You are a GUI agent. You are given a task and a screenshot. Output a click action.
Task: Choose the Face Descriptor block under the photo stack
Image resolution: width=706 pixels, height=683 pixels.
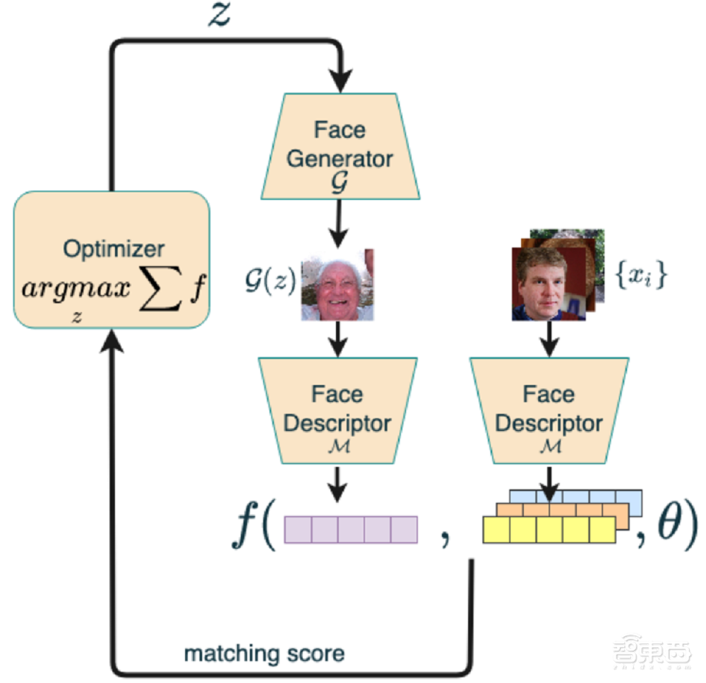(549, 410)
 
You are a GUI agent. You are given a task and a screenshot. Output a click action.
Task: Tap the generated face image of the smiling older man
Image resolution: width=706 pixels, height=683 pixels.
(338, 285)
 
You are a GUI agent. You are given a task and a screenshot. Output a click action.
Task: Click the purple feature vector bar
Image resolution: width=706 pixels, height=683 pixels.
(351, 529)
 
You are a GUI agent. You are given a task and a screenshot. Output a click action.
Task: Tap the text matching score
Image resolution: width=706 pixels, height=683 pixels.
(264, 653)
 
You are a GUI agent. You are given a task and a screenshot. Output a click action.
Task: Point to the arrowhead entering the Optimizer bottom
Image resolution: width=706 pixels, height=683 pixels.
(112, 341)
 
